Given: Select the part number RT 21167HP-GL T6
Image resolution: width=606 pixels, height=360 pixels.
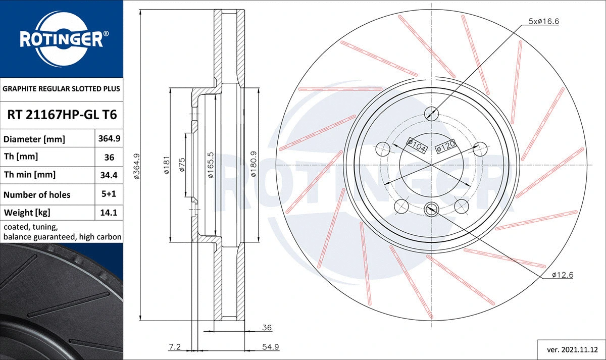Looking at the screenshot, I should [62, 115].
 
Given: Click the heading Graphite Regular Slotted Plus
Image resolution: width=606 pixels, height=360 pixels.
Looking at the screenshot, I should [62, 89].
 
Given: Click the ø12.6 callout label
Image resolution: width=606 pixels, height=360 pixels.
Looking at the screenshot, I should [562, 275].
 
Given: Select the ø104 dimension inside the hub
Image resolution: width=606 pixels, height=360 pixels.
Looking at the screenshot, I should [418, 146].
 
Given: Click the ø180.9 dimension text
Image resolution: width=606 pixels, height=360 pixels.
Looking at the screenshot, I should [254, 164].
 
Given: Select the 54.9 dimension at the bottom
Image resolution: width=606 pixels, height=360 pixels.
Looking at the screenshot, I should [271, 347].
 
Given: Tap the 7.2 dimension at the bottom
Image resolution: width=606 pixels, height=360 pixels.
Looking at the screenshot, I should [175, 347].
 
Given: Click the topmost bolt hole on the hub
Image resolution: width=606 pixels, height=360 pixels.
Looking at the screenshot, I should [432, 113].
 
